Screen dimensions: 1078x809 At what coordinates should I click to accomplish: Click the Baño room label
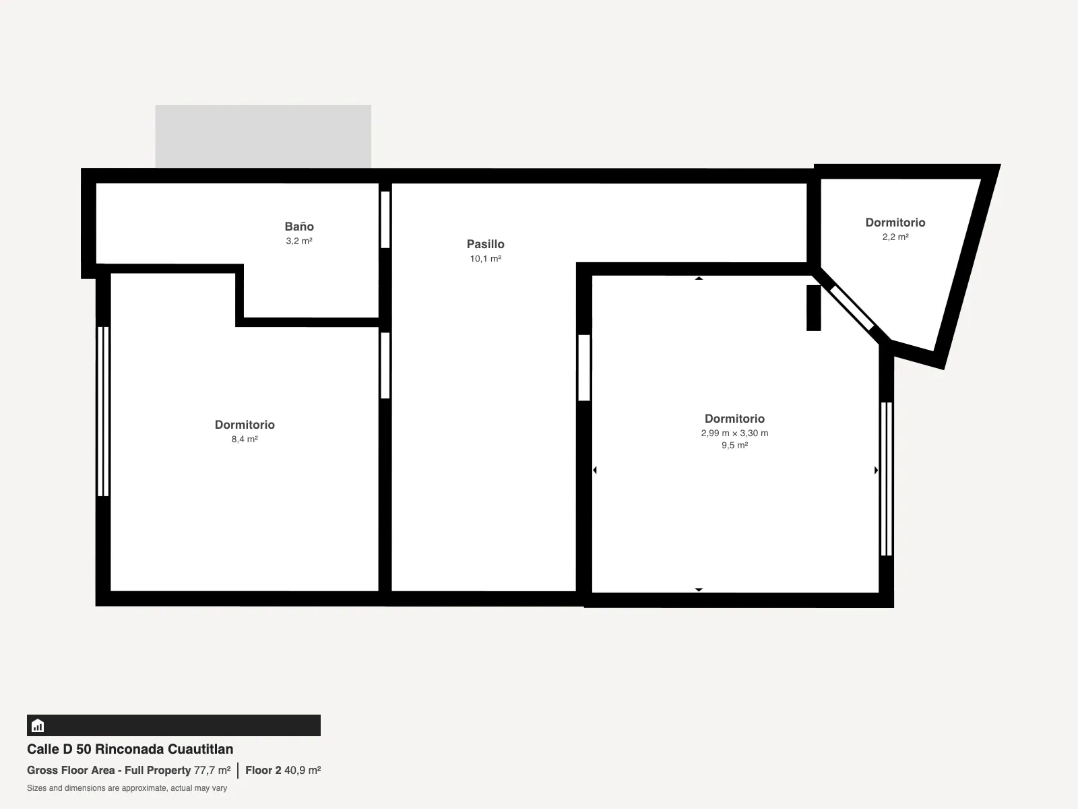[x=299, y=227]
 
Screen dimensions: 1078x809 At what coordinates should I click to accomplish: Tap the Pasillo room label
[x=485, y=244]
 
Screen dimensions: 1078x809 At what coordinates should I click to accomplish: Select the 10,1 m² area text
[x=485, y=258]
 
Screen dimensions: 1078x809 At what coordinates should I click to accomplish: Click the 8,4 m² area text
[x=245, y=439]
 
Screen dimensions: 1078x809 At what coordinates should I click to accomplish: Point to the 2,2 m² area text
[x=895, y=237]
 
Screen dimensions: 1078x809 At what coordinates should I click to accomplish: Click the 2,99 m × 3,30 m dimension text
[x=734, y=433]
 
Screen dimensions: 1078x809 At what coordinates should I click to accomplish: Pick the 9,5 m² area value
[x=734, y=446]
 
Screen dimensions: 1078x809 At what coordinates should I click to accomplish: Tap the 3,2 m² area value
[x=299, y=241]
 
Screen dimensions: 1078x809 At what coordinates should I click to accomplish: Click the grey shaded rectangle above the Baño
[x=263, y=137]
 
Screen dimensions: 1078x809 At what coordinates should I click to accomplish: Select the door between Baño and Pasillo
[x=385, y=220]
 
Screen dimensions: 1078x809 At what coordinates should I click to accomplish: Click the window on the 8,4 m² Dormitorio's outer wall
[x=103, y=411]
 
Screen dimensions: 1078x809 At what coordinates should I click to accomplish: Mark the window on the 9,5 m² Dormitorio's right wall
[x=887, y=479]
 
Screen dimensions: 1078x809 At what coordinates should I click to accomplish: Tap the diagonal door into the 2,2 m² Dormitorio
[x=852, y=308]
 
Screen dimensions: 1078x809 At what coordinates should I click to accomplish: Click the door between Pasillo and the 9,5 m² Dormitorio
[x=584, y=368]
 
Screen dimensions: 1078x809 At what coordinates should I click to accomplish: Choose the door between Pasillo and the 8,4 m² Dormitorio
[x=385, y=365]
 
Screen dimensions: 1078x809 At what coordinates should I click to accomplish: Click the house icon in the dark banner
[x=38, y=725]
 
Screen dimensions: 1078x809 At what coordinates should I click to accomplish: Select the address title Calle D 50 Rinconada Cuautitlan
[x=130, y=749]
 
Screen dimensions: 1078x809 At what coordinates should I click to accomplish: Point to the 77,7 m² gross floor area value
[x=212, y=770]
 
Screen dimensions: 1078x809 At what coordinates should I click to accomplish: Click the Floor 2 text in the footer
[x=263, y=770]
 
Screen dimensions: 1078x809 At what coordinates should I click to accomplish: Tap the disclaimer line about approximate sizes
[x=127, y=788]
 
